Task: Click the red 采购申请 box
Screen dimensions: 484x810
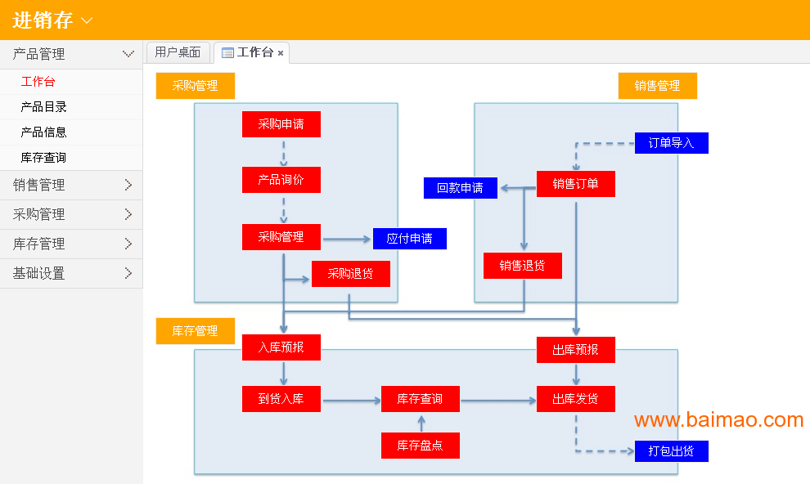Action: point(281,124)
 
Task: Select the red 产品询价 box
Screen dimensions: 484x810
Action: point(281,180)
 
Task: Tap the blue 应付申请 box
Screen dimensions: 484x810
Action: point(409,239)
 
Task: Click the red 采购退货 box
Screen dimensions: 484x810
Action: point(350,274)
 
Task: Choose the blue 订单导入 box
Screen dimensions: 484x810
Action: point(671,143)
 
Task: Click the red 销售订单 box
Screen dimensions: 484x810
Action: point(575,184)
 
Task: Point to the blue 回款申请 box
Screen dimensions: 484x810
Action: point(460,188)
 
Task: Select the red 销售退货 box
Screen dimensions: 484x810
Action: point(522,266)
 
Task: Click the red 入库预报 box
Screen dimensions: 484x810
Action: point(281,347)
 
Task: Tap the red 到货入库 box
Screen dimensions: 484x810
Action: point(281,399)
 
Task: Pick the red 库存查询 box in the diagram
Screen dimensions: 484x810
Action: point(420,399)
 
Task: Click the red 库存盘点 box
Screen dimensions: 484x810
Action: point(420,446)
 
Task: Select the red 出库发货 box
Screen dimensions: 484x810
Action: point(575,399)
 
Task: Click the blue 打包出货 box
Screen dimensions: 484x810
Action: point(671,451)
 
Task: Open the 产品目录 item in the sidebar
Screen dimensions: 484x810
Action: point(44,107)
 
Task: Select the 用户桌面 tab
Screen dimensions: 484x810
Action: point(178,52)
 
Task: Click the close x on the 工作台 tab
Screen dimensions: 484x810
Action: point(281,53)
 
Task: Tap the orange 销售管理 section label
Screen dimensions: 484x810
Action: point(657,86)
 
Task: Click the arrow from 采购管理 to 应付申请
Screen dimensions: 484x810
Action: point(347,240)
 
